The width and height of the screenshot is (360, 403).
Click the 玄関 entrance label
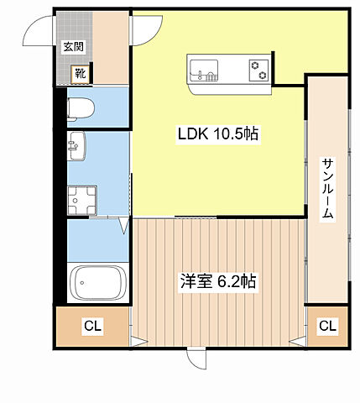point(73,48)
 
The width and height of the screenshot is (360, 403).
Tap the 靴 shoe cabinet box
point(80,74)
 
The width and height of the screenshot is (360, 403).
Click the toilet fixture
point(81,107)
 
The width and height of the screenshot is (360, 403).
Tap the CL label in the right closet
point(326,325)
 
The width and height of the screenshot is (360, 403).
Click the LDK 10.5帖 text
point(217,133)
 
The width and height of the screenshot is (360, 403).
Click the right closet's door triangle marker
point(296,341)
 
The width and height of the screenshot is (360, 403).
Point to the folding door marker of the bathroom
point(124,224)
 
